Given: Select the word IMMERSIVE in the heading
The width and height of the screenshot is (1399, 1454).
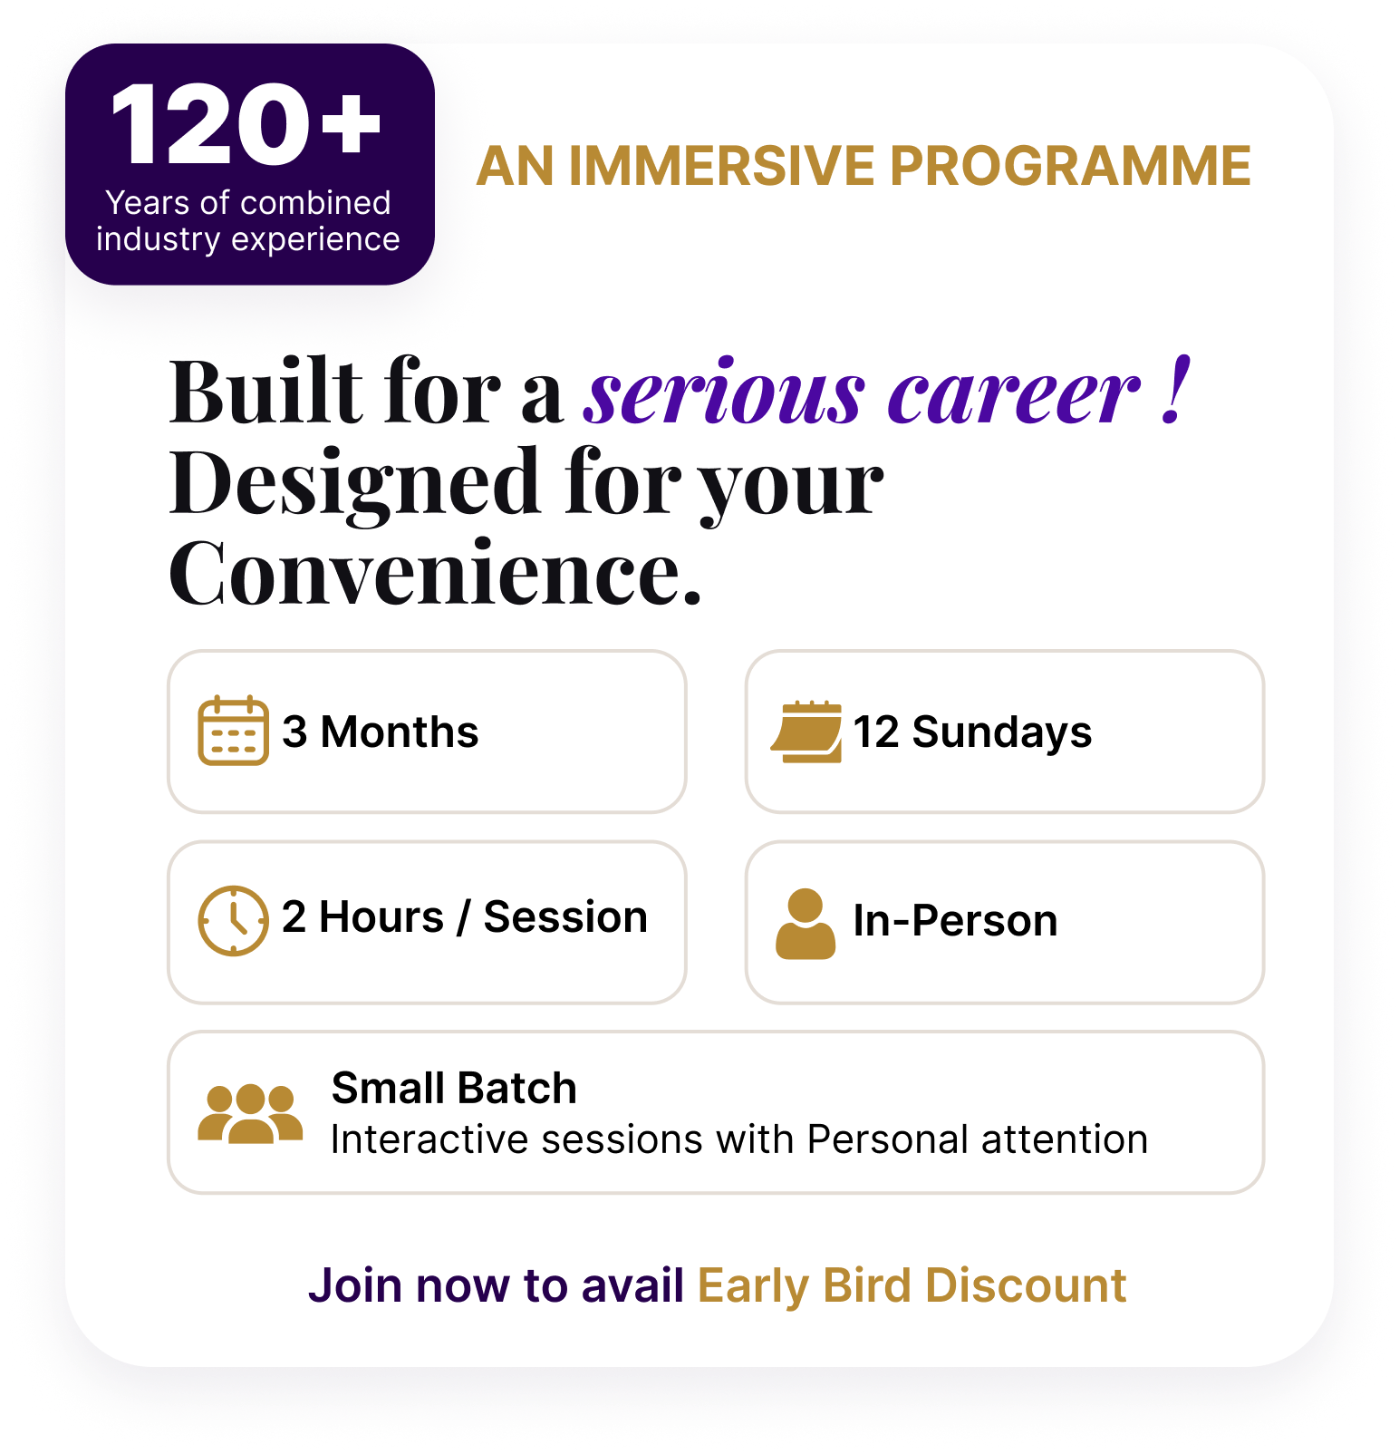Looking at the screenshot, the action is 721,166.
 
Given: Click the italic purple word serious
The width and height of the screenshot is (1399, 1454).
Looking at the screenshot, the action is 724,394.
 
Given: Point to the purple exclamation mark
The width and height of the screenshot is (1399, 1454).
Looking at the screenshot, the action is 1175,390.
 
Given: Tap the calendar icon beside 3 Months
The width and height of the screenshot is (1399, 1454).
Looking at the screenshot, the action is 233,731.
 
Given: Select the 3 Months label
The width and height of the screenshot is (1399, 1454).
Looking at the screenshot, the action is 380,732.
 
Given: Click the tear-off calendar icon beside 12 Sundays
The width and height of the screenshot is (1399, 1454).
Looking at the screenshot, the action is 806,732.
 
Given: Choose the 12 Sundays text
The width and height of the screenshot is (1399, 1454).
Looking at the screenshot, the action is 972,732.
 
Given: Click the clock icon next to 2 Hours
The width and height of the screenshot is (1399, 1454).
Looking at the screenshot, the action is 233,921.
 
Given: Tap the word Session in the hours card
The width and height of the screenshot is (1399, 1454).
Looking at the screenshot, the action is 565,917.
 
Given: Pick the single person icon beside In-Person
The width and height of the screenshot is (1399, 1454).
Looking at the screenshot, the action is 806,924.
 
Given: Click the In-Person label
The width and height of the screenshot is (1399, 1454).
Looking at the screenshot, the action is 955,921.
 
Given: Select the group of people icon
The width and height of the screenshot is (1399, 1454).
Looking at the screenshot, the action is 250,1114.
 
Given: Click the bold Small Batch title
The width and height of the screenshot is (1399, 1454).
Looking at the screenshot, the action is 454,1088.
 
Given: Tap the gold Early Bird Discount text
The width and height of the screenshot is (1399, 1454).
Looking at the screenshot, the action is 912,1286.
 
